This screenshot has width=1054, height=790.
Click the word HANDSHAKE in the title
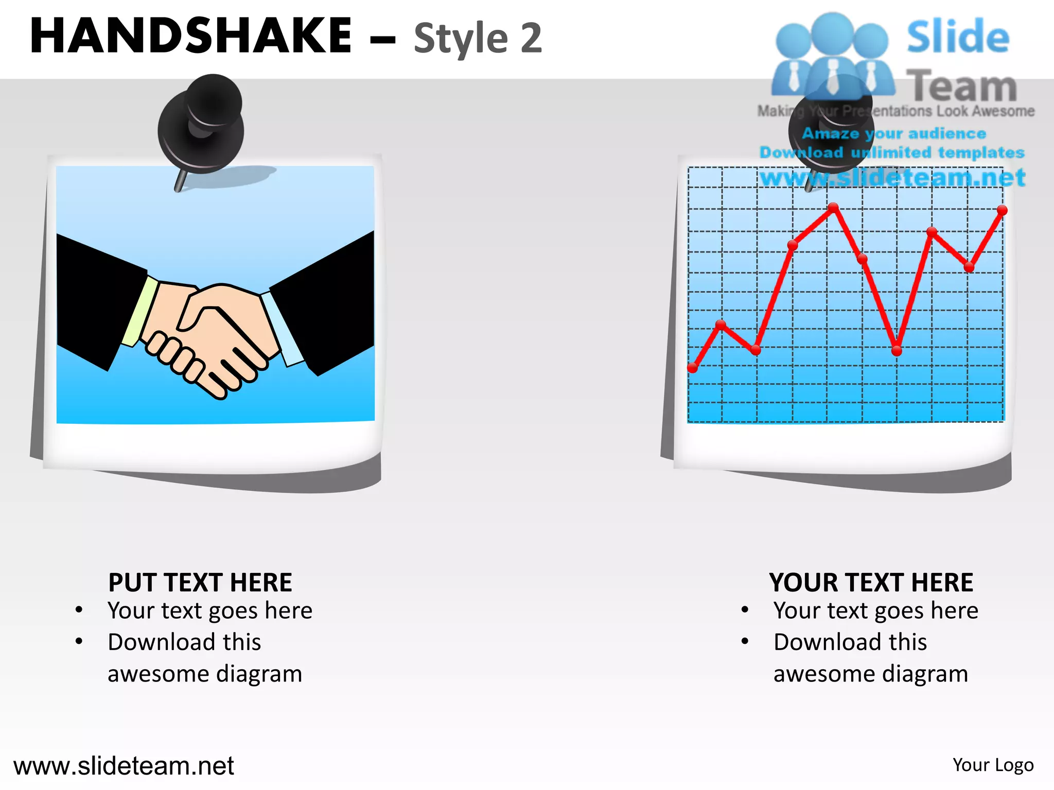pyautogui.click(x=190, y=36)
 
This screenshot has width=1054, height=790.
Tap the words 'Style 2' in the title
pyautogui.click(x=478, y=39)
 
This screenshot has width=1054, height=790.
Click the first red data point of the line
pyautogui.click(x=693, y=368)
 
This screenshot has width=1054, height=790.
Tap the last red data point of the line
pyautogui.click(x=1002, y=210)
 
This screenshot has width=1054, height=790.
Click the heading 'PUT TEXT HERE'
pyautogui.click(x=200, y=583)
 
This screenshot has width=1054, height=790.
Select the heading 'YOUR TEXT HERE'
pyautogui.click(x=871, y=583)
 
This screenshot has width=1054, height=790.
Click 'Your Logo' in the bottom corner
pyautogui.click(x=993, y=765)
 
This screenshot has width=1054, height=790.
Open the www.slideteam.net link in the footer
pyautogui.click(x=124, y=766)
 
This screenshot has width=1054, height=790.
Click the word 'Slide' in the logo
pyautogui.click(x=958, y=37)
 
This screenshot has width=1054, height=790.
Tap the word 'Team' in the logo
pyautogui.click(x=961, y=86)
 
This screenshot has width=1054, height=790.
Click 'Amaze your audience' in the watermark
pyautogui.click(x=894, y=134)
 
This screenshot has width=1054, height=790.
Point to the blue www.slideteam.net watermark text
pyautogui.click(x=893, y=178)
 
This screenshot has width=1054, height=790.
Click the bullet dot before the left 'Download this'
pyautogui.click(x=79, y=641)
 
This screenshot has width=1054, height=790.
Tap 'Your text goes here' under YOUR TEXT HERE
pyautogui.click(x=875, y=611)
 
